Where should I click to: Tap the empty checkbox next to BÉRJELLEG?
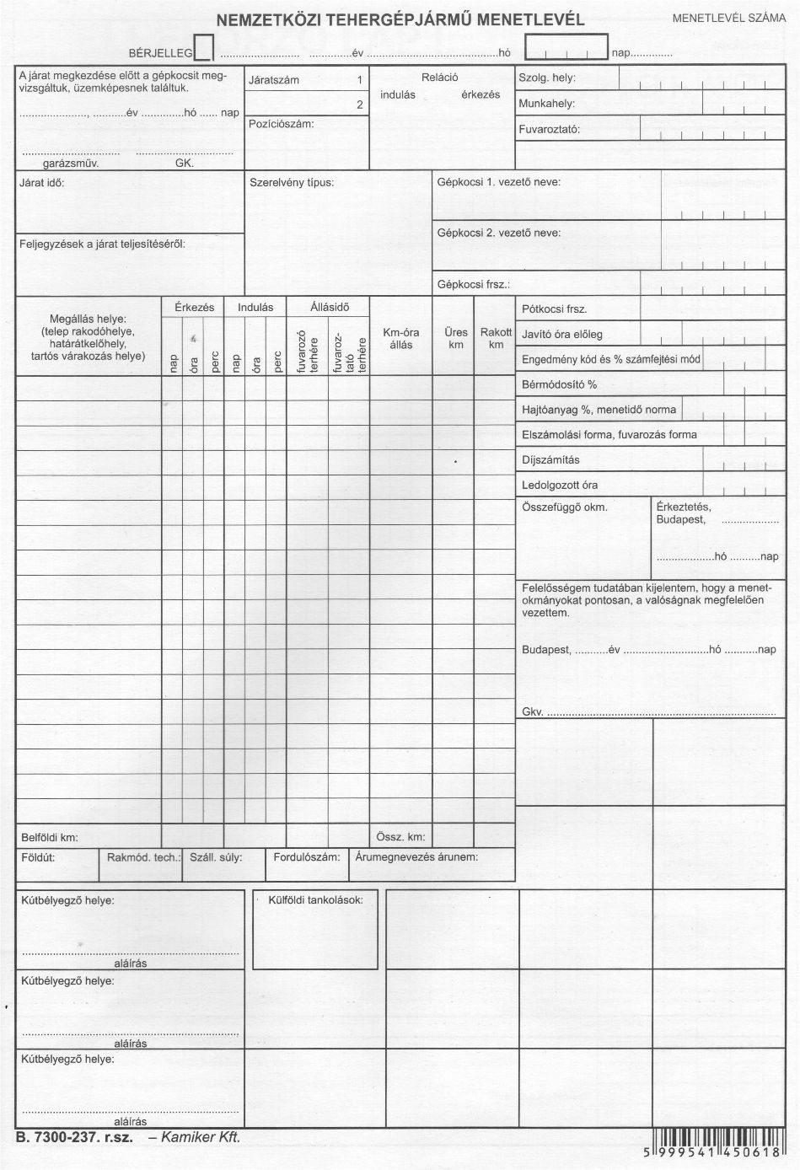pos(203,49)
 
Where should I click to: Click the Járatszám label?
pos(274,80)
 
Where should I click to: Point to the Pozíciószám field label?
pos(282,124)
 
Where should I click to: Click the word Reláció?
pos(439,78)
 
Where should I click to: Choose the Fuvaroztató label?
pos(549,130)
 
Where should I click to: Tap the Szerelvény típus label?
pos(292,182)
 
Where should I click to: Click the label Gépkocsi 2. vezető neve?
pos(498,233)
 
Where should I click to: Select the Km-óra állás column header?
pos(400,338)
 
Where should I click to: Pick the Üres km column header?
pos(456,338)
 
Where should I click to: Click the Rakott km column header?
pos(496,338)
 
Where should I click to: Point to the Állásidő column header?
pos(329,307)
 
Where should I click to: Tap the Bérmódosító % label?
pos(559,384)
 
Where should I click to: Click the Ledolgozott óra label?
pos(560,486)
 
